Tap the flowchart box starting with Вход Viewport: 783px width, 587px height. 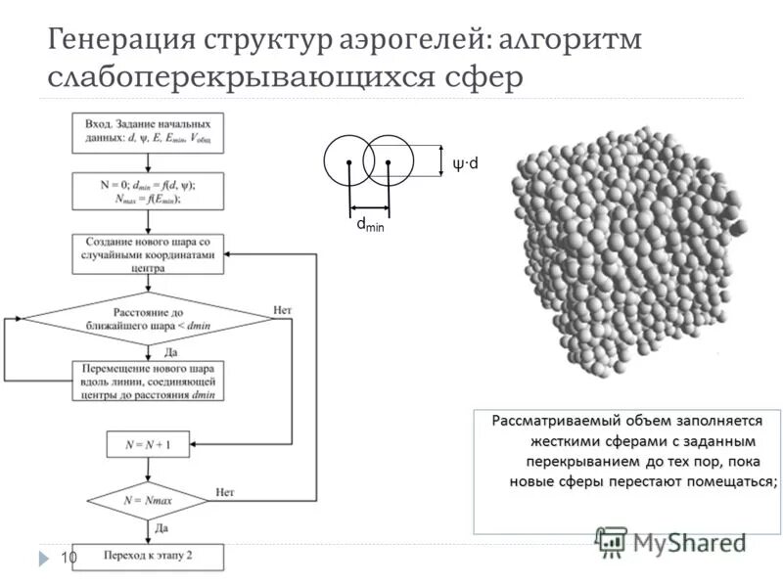tap(148, 132)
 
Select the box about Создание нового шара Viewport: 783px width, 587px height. tap(148, 251)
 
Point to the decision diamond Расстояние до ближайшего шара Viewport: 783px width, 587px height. tap(148, 318)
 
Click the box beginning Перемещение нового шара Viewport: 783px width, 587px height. tap(148, 381)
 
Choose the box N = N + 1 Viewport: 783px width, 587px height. tap(148, 444)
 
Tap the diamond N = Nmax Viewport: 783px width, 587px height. tap(148, 500)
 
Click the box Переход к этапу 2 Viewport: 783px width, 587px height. tap(148, 557)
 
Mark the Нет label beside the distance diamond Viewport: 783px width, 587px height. tap(283, 309)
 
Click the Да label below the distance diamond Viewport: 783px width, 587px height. tap(170, 350)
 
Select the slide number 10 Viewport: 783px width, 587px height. tap(69, 557)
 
